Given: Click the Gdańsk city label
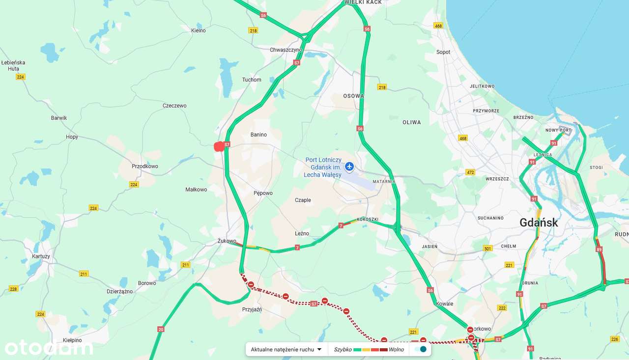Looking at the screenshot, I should [x=539, y=222].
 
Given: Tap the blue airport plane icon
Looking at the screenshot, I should [x=349, y=167].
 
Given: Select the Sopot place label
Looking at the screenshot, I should [x=443, y=52].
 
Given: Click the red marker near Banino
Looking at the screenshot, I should [x=219, y=146].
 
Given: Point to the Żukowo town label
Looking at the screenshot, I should [x=227, y=241].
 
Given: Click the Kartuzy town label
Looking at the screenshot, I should [x=41, y=256].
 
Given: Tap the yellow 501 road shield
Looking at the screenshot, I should [x=487, y=249].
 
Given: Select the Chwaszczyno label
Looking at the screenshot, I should [x=286, y=50].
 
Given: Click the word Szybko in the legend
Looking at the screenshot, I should [x=343, y=350].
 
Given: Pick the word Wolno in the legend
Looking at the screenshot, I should [x=397, y=350].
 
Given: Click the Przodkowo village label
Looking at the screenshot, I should [x=145, y=166].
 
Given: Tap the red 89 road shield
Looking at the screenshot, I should [x=599, y=250].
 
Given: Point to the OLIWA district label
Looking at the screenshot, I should [x=411, y=122].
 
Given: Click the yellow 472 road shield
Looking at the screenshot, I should [x=470, y=172].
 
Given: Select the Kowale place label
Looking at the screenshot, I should [x=444, y=304].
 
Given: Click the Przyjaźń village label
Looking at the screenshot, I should [x=252, y=310].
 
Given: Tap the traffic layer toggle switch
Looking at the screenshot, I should [x=420, y=350].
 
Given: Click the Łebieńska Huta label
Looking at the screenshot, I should [x=13, y=66].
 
